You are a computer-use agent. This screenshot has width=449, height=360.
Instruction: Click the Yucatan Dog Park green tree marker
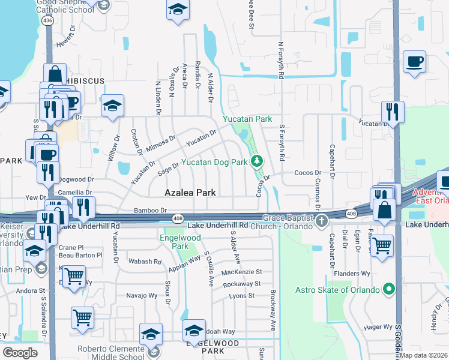coord(257,161)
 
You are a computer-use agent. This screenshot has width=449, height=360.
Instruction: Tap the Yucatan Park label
coord(247,119)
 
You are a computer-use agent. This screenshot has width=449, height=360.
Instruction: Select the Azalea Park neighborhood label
coord(191,193)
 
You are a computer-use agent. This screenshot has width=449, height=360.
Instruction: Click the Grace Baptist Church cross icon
coord(322,221)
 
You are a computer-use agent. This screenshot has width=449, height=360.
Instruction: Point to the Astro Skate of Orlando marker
coord(389,290)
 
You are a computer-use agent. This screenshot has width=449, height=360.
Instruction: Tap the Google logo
coord(20,352)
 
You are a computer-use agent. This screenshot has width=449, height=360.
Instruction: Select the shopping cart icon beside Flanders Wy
coord(382,245)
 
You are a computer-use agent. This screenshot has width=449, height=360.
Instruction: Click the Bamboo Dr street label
coord(150,211)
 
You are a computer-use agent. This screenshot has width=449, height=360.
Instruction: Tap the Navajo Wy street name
coord(141,295)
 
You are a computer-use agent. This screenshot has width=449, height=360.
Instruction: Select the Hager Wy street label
coord(377,327)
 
